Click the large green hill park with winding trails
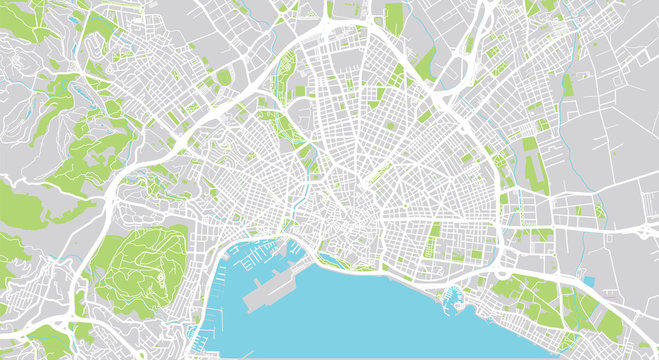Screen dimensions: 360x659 click(145, 265)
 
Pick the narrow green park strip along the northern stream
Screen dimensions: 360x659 click(296, 130)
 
